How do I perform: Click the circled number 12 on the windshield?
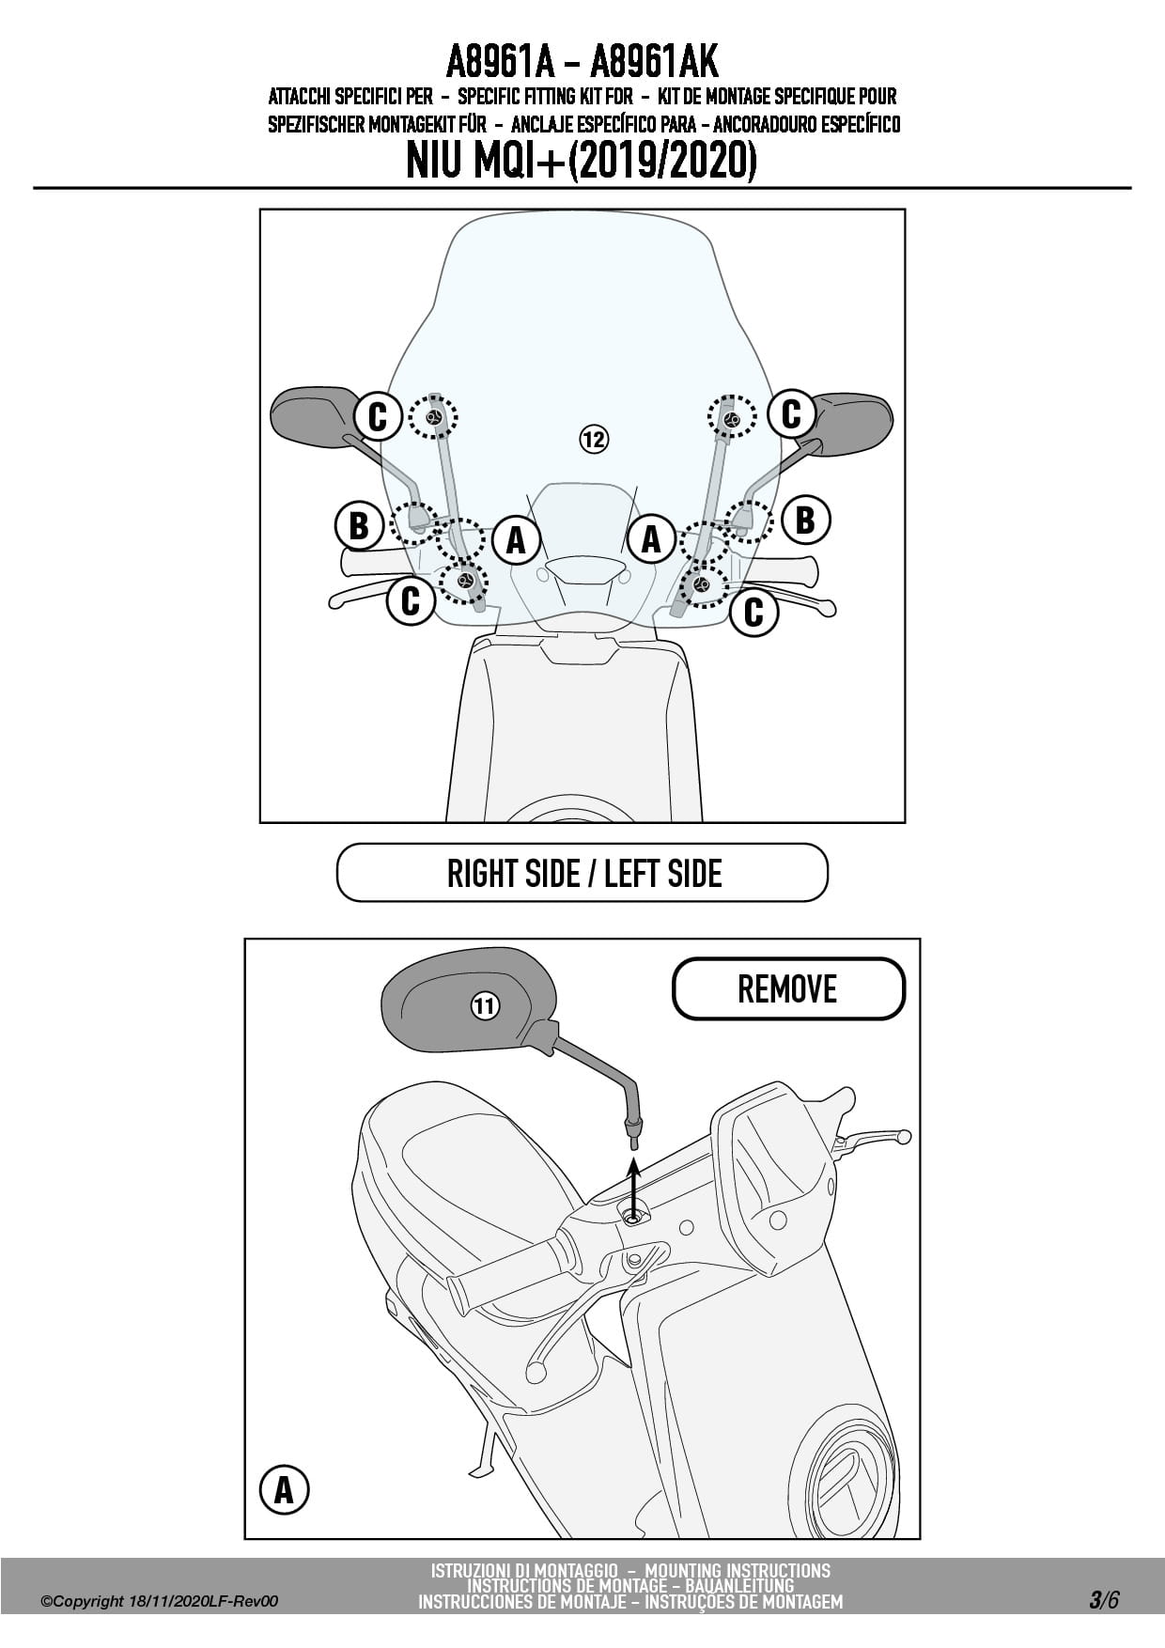pos(594,439)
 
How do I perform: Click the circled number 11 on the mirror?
pos(484,1007)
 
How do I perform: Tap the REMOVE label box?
pos(787,988)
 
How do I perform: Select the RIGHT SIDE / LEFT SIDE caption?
pos(582,873)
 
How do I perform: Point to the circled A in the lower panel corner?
pos(284,1490)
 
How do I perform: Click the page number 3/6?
pos(1104,1599)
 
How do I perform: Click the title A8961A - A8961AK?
pos(582,62)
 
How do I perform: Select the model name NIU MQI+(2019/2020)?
pos(582,161)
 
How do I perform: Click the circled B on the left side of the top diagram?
pos(359,525)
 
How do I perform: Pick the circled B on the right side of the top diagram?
pos(805,519)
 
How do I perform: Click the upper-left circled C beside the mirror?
pos(378,415)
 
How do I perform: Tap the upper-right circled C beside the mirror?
pos(791,412)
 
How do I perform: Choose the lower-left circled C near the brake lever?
pos(411,599)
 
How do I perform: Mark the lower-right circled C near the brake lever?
pos(753,612)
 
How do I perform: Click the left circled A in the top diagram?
pos(516,539)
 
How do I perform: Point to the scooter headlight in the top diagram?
pos(585,569)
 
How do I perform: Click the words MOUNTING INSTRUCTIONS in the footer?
pos(738,1570)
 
